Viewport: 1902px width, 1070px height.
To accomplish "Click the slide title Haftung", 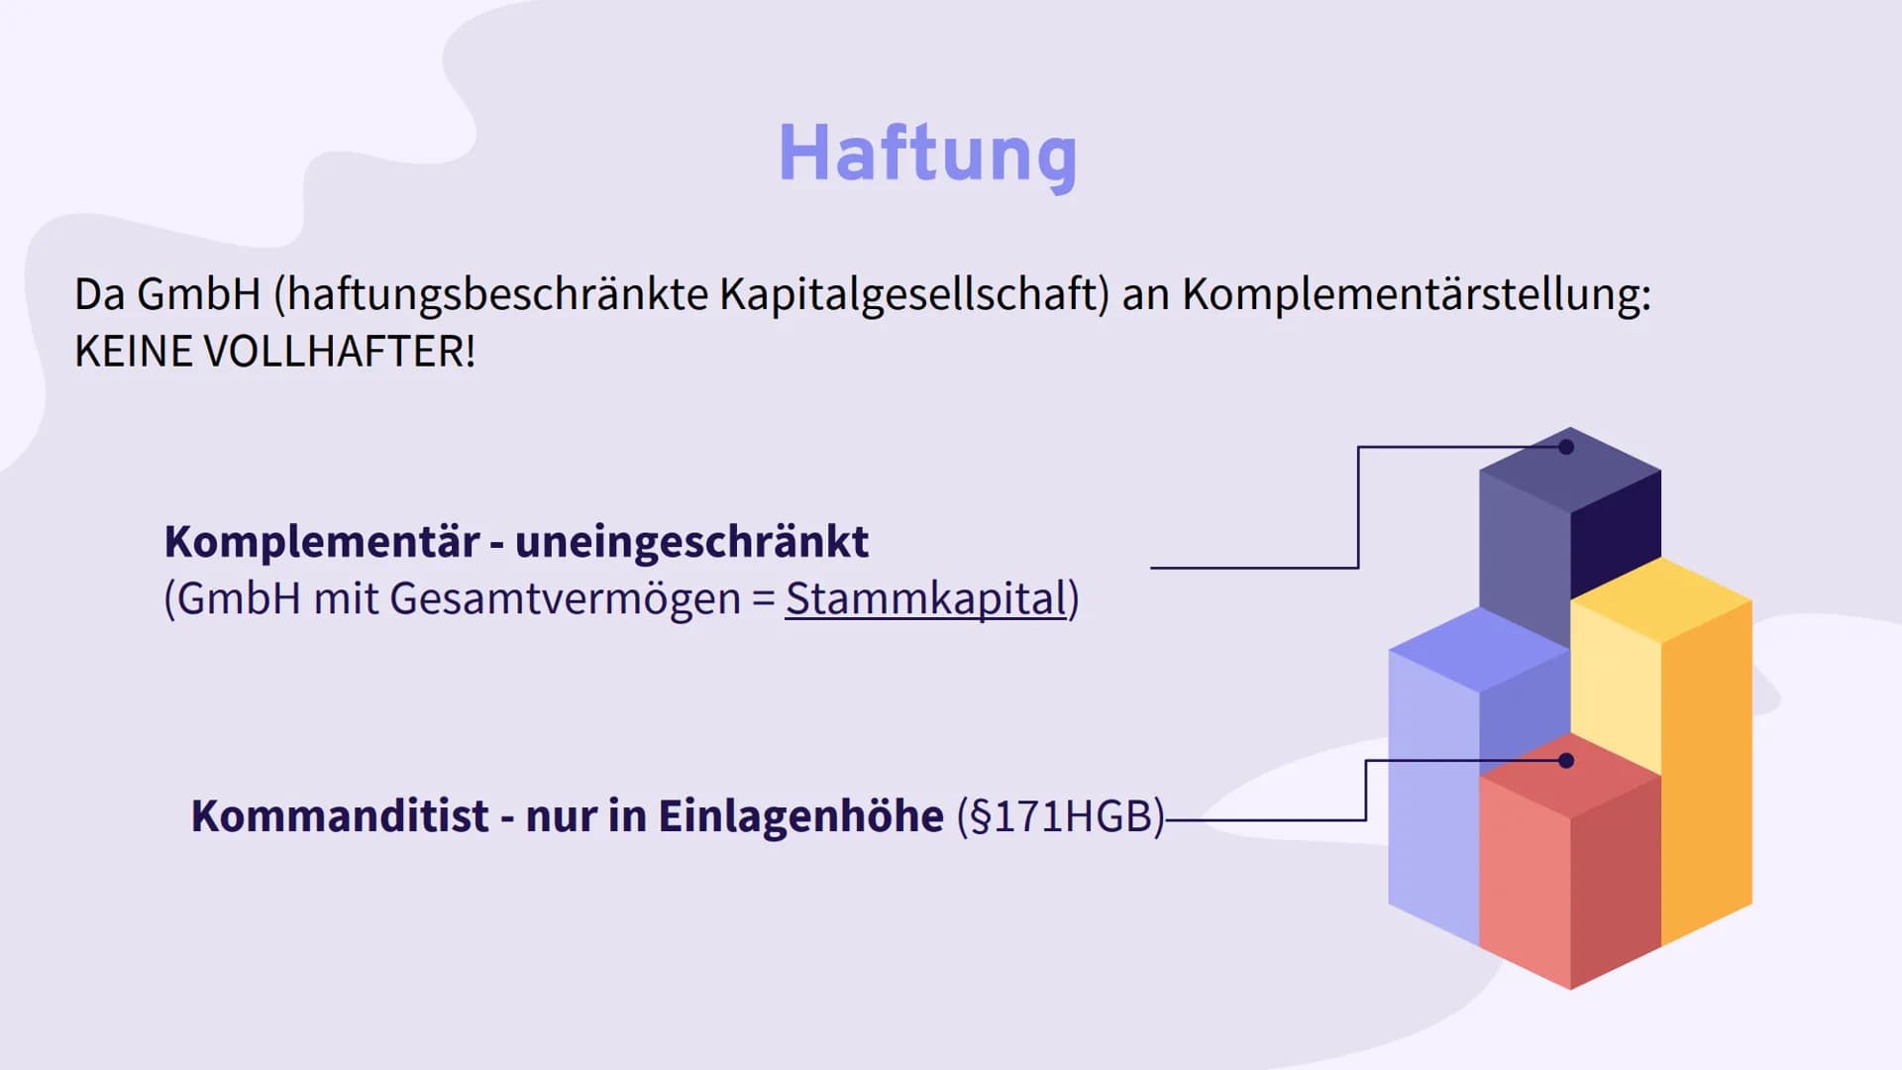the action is (927, 155).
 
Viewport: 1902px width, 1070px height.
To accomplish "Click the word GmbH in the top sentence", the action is (198, 294).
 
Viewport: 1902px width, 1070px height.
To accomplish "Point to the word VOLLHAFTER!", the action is (340, 352).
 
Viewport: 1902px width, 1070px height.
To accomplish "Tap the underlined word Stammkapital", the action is (925, 599).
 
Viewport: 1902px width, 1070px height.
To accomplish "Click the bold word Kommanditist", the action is (340, 816).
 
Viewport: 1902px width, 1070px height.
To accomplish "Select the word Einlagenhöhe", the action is (800, 816).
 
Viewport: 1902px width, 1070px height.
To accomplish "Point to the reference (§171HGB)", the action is (1060, 817).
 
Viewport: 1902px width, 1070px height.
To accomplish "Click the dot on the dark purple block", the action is (1566, 447).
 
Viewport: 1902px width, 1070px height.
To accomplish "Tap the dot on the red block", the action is (1566, 761).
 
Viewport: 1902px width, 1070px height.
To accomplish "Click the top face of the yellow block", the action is (1661, 599).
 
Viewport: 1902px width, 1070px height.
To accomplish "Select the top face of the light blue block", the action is (1479, 649).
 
